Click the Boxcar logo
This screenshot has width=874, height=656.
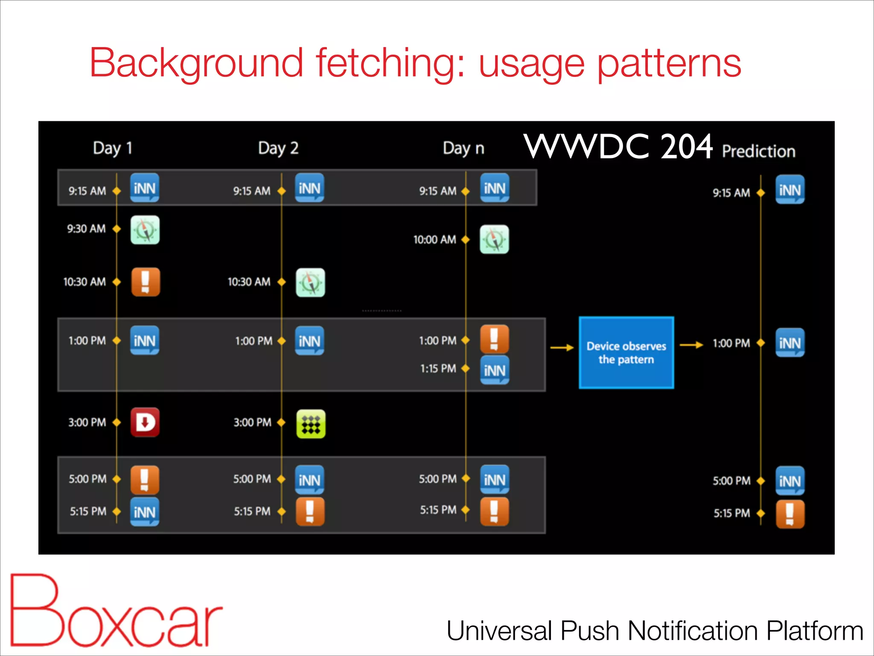tap(115, 611)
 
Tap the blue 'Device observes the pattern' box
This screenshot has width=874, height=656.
tap(626, 353)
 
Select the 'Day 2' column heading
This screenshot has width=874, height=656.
tap(278, 148)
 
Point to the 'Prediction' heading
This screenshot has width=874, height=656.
tap(758, 151)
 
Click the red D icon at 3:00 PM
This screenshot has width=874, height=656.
tap(145, 422)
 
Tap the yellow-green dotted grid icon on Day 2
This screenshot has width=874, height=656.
tap(311, 424)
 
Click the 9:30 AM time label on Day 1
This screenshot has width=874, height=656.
tap(86, 229)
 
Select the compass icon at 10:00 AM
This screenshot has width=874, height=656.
tap(494, 240)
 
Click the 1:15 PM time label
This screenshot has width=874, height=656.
tap(438, 369)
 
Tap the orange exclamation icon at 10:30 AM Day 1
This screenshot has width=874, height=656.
tap(145, 282)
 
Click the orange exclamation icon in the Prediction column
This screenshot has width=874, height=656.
tap(790, 514)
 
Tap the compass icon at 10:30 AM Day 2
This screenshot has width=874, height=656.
tap(310, 283)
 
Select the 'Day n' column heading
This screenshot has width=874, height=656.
tap(463, 148)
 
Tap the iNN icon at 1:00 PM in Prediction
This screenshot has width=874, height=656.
tap(790, 343)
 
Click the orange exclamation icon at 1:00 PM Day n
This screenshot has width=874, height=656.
tap(494, 339)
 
